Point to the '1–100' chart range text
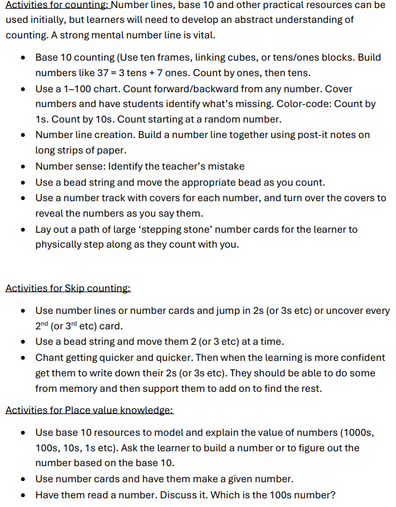pos(72,89)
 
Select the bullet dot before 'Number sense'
pos(23,166)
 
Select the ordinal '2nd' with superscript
pos(43,326)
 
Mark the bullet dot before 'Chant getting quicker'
pos(23,358)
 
